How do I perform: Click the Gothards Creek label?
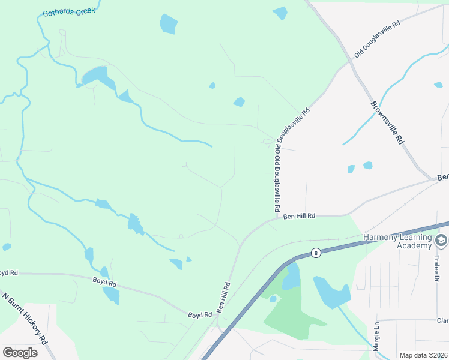point(68,11)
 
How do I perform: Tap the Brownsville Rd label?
point(387,122)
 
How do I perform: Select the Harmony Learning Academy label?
point(398,241)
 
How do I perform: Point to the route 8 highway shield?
point(316,253)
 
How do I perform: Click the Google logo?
point(20,352)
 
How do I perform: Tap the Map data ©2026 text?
point(423,355)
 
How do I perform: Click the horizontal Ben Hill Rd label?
point(299,216)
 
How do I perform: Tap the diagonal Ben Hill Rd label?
point(223,298)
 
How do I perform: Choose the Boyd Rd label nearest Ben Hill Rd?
point(200,314)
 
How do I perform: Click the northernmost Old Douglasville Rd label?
point(376,40)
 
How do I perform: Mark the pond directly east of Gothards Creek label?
point(169,23)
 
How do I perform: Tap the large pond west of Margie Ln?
point(332,292)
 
